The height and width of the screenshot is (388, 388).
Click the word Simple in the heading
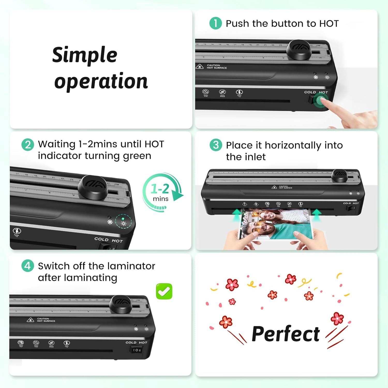point(85,55)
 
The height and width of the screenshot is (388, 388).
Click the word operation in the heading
point(101,81)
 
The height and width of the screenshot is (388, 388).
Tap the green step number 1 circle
point(215,23)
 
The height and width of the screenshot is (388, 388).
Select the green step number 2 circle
point(28,144)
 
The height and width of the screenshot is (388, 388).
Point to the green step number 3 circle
point(216,145)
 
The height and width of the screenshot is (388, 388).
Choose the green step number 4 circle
point(28,266)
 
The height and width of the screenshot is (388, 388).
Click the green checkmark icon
point(164,292)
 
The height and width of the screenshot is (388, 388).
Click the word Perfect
point(286,334)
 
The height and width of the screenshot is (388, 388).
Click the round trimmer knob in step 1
point(299,49)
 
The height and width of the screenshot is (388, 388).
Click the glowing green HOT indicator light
point(123,219)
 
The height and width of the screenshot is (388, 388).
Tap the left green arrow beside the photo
point(236,215)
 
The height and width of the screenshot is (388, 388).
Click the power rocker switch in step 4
point(136,350)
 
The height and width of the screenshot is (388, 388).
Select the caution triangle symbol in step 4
point(30,320)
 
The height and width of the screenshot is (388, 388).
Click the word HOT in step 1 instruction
point(329,24)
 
